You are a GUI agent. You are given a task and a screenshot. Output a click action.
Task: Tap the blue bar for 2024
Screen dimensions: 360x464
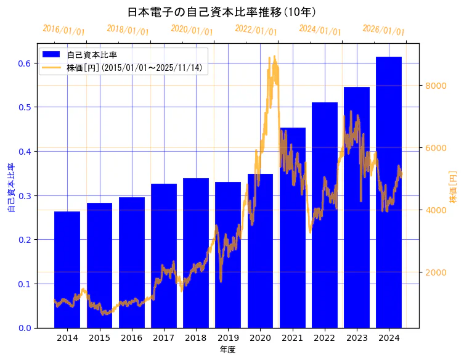389,192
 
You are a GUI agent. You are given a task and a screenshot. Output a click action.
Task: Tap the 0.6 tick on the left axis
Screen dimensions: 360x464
25,63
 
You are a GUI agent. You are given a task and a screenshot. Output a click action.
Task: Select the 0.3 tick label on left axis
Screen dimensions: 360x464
25,195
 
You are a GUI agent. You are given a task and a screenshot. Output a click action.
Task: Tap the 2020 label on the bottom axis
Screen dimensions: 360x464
260,338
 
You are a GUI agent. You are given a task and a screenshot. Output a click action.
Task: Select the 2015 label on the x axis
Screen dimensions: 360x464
99,338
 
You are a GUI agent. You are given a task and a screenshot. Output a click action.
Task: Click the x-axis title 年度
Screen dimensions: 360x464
227,350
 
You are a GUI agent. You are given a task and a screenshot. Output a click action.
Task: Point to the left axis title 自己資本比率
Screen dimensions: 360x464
11,187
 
